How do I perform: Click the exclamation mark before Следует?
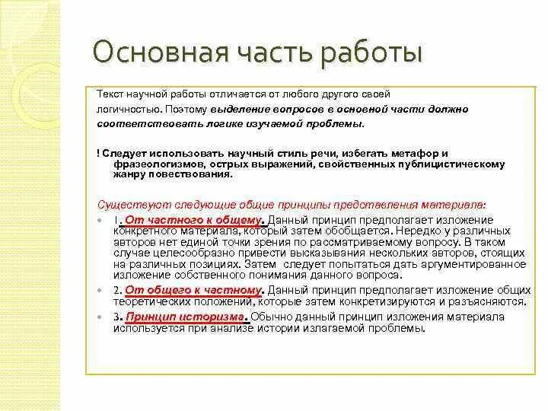pos(98,152)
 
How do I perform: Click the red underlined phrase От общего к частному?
pos(193,290)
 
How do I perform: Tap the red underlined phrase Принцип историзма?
pos(186,317)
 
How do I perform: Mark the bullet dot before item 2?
pos(100,291)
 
